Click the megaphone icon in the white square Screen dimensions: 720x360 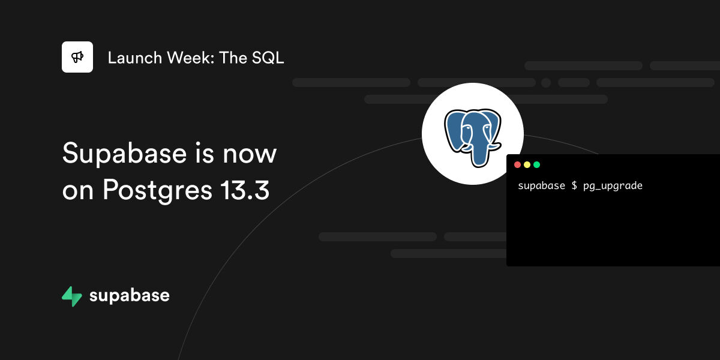[77, 57]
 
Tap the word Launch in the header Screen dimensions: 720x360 [134, 58]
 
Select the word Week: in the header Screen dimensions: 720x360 [191, 58]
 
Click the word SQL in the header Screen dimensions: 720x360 [268, 58]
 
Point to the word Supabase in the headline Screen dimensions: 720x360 [124, 154]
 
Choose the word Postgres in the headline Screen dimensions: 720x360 [157, 191]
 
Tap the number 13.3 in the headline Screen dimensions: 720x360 [245, 190]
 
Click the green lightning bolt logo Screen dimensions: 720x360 [71, 296]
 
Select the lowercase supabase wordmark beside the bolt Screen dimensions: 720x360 [129, 296]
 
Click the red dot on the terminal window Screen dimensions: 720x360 [517, 165]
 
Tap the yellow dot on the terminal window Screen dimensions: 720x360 [527, 165]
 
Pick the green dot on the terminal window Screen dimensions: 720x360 [537, 165]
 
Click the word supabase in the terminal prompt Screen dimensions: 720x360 [542, 186]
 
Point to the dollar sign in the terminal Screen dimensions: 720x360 [574, 185]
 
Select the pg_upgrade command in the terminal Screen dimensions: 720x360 [613, 186]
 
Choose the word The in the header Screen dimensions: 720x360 [233, 58]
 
